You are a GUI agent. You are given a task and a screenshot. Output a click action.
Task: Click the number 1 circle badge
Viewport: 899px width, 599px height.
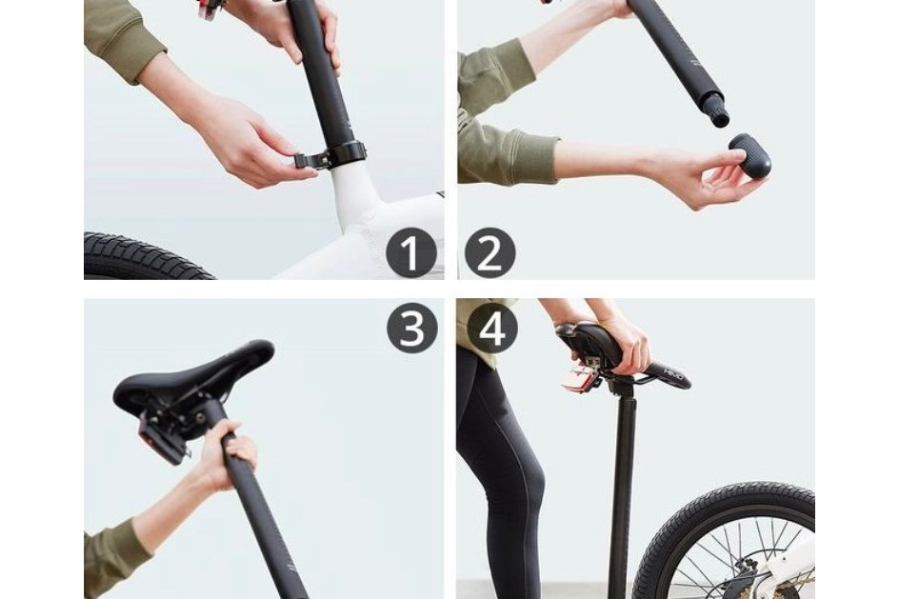pos(410,255)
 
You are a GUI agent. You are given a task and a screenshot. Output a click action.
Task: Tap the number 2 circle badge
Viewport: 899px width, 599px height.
pos(489,255)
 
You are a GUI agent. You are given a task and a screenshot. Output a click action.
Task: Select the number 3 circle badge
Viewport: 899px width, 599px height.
pos(411,328)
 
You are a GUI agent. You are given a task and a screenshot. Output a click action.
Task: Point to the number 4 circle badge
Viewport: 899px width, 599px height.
pos(491,328)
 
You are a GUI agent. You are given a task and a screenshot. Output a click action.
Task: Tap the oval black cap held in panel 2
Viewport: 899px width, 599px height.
pos(749,156)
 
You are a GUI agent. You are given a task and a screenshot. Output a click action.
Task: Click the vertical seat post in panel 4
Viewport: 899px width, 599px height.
pos(623,486)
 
